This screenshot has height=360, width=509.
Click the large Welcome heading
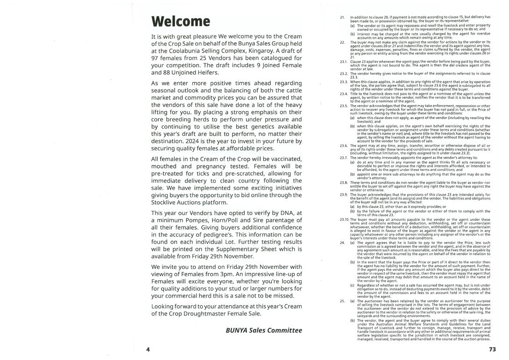[x=181, y=21]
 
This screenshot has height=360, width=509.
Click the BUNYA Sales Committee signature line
[x=264, y=330]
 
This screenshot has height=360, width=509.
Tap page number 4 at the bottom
[x=148, y=349]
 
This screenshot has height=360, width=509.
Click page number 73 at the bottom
[x=492, y=349]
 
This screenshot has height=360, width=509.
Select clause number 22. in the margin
[x=342, y=42]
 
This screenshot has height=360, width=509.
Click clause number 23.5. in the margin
[x=344, y=106]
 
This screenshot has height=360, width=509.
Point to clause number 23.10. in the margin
[x=345, y=219]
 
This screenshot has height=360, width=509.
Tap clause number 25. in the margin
[x=342, y=301]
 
